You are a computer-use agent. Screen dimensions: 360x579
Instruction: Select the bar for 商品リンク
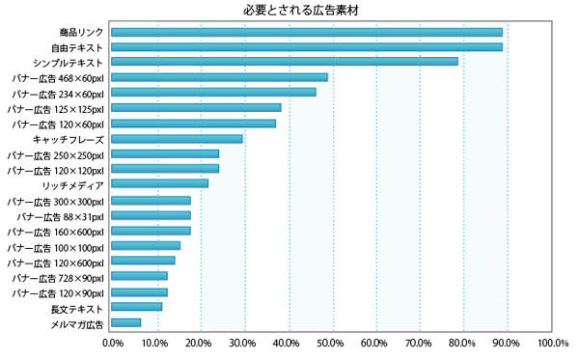point(307,32)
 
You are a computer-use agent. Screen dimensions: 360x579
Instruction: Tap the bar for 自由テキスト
point(307,46)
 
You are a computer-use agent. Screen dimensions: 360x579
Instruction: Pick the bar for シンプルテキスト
point(285,62)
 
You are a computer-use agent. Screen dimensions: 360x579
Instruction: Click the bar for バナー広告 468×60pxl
point(220,77)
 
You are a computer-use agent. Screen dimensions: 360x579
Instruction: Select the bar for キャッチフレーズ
point(177,139)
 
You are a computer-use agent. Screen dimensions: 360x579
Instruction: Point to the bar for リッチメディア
point(160,183)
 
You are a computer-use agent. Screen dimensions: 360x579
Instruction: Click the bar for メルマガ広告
point(126,322)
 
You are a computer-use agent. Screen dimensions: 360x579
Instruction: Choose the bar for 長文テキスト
point(137,307)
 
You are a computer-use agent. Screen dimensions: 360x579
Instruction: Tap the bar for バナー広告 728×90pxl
point(140,276)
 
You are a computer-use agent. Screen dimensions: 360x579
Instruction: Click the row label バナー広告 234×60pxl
point(55,94)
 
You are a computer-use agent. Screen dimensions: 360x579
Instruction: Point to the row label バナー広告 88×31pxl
point(61,216)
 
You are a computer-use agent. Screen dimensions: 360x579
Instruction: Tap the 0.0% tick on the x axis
point(113,343)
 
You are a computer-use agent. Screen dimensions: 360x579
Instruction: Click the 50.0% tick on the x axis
point(332,343)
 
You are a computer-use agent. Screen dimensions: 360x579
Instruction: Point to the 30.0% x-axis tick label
point(244,343)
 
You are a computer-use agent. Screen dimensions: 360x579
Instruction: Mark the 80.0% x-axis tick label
point(463,343)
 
